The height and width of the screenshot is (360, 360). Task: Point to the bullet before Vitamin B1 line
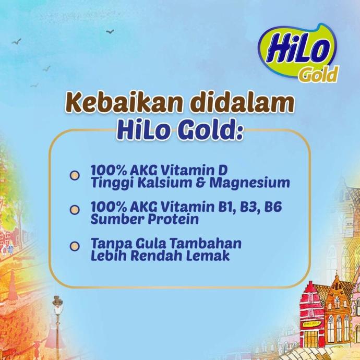tap(75, 210)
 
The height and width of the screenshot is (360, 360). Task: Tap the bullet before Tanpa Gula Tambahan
tap(75, 245)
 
